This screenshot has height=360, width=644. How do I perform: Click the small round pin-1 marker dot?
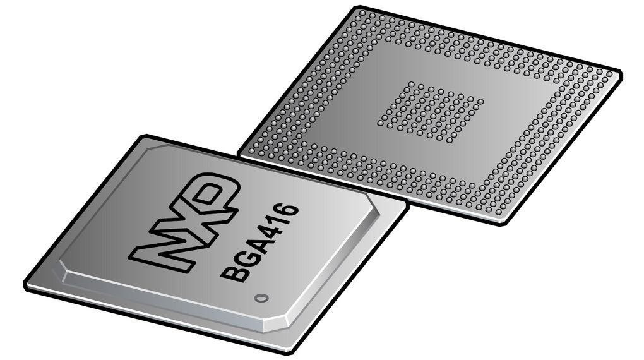(x=257, y=297)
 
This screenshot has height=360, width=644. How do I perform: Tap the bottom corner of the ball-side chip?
(x=503, y=225)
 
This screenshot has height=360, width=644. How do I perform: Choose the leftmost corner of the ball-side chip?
(x=239, y=152)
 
